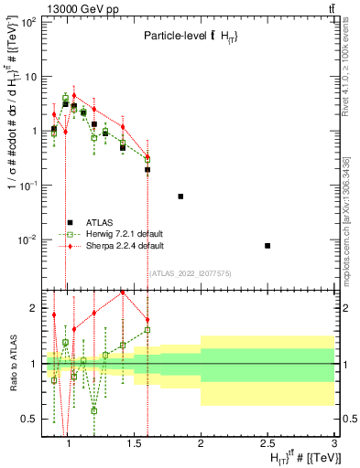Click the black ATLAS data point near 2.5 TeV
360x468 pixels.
[267, 246]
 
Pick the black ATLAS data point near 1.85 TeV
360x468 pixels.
[180, 197]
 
